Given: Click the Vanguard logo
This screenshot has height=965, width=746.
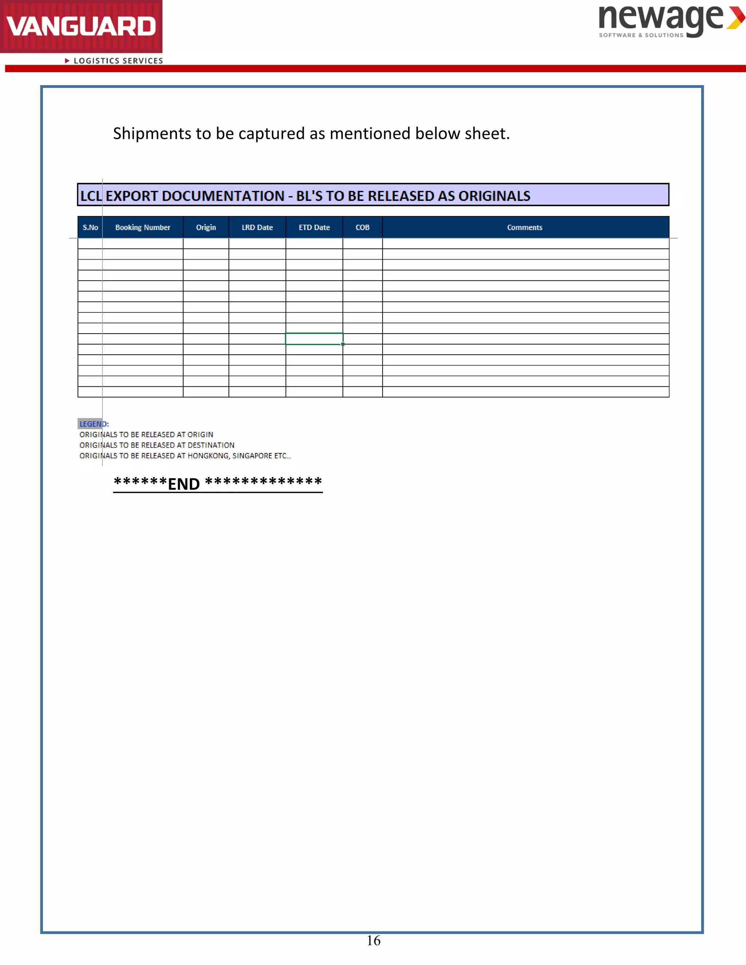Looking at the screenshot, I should coord(81,27).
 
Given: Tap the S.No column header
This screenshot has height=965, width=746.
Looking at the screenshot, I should coord(90,228).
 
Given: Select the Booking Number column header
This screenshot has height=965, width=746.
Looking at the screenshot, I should coord(143,228).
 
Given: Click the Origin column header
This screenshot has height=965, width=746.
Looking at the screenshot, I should coord(206,228).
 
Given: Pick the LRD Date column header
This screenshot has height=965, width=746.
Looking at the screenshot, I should coord(257,228).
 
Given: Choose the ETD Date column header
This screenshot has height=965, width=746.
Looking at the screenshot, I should coord(314,228).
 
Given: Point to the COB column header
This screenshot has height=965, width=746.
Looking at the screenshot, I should coord(362,228).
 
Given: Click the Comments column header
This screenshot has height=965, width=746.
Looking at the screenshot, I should coord(525,228).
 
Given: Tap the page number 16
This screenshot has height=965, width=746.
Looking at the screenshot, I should coord(373,941).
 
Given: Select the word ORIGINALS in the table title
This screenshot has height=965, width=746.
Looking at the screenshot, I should coord(494,196).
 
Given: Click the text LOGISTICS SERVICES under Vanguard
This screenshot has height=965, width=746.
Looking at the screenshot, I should coord(118,61).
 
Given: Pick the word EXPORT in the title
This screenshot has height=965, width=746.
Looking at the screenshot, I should coord(132,196).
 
